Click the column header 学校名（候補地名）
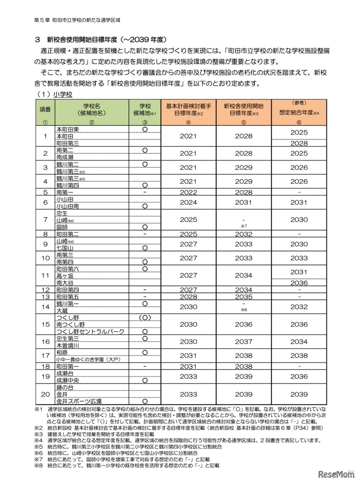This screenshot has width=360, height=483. click(92, 109)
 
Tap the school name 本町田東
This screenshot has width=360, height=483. click(67, 129)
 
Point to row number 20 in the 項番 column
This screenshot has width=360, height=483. click(46, 394)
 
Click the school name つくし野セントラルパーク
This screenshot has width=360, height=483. click(90, 332)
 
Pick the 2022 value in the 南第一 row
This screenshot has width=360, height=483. click(188, 192)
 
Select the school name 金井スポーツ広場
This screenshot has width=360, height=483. click(79, 401)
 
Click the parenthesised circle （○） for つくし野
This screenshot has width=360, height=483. click(145, 318)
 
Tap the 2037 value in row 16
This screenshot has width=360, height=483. click(244, 341)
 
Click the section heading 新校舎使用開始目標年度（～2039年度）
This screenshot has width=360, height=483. click(106, 39)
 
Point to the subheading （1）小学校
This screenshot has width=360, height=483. click(54, 94)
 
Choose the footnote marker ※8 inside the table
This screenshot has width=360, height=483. click(244, 310)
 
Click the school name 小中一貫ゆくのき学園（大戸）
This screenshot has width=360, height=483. click(88, 360)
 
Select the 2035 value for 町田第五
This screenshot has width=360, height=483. click(244, 297)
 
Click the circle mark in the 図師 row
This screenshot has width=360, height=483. click(145, 227)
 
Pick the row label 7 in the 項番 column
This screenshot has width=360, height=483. click(46, 220)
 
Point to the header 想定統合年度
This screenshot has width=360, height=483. click(299, 112)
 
